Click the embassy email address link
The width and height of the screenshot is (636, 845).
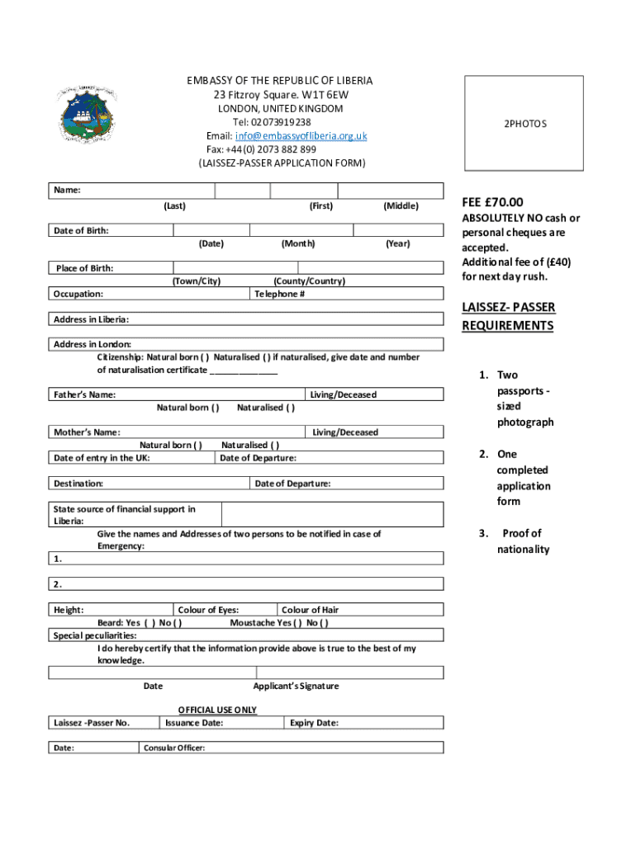click(301, 136)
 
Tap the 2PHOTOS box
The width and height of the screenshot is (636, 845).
click(524, 124)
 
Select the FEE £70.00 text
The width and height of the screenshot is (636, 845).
click(492, 202)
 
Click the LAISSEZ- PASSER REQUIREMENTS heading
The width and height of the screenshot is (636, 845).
click(508, 317)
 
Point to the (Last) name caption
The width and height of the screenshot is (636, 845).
click(174, 205)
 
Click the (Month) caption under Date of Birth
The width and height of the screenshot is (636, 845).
click(297, 243)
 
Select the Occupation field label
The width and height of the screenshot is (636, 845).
click(78, 294)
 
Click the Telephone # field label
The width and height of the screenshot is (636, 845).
click(280, 294)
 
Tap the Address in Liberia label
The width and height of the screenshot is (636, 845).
click(91, 319)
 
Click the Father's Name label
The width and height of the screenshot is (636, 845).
click(84, 395)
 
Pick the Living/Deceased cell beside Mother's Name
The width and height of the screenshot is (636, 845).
click(344, 432)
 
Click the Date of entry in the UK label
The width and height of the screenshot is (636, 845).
click(102, 458)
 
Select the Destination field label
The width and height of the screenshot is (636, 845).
click(78, 484)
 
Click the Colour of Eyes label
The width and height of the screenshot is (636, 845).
click(209, 610)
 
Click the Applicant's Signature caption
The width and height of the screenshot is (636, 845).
click(296, 686)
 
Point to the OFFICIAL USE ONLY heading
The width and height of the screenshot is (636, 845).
click(217, 710)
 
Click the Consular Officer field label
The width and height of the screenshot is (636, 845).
click(174, 748)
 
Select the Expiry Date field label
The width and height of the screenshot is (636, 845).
click(314, 723)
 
